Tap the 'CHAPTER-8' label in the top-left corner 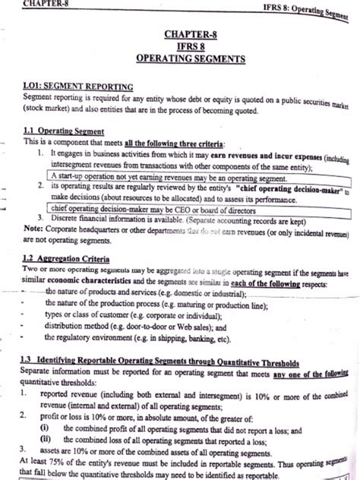pos(25,4)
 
